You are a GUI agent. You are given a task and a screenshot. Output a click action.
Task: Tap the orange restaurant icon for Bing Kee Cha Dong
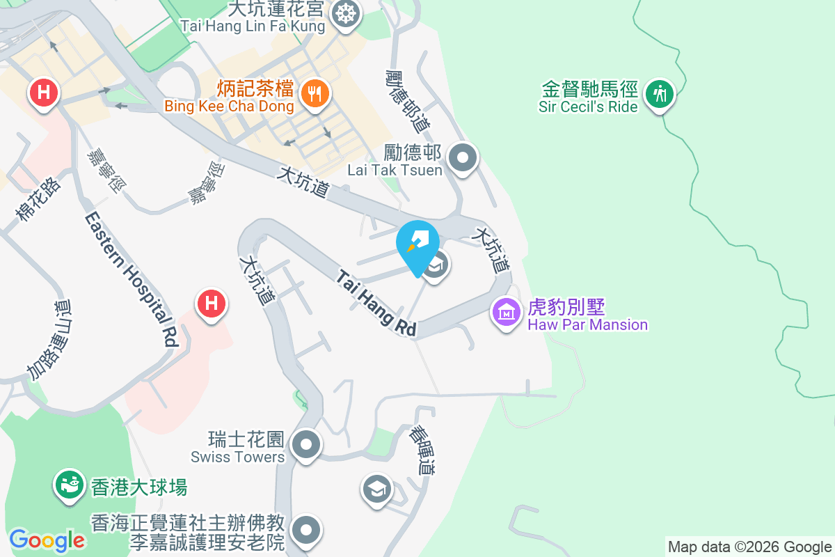[316, 93]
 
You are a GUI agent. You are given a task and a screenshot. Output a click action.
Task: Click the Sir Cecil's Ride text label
[588, 107]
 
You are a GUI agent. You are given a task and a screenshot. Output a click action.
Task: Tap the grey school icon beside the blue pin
[436, 265]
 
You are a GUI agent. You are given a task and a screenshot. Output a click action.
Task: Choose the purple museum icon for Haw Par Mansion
[507, 312]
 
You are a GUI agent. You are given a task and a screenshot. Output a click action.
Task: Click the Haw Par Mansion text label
[587, 325]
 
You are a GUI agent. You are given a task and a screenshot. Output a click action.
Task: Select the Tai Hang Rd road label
[376, 303]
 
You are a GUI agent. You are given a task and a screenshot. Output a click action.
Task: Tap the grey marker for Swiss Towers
[305, 444]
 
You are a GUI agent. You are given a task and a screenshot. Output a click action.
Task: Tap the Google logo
[47, 540]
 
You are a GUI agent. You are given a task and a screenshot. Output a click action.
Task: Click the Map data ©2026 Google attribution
[749, 547]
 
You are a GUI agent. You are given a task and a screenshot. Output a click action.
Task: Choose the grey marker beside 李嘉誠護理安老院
[305, 531]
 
